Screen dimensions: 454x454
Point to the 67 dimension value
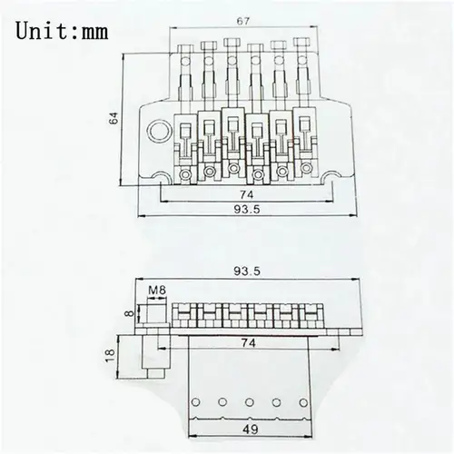coord(242,21)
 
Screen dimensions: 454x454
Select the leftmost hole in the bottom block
coord(192,400)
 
